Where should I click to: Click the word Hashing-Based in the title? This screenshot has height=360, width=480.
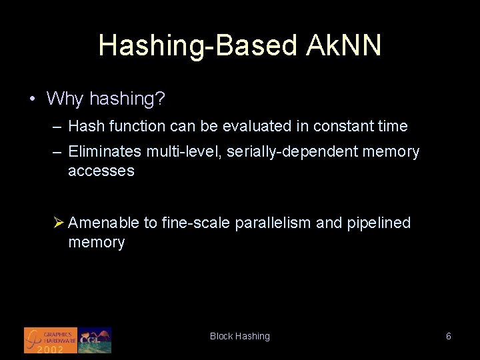(x=197, y=45)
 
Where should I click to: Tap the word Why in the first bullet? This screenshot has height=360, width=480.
(x=65, y=99)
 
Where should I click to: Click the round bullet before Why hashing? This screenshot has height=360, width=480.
(x=32, y=99)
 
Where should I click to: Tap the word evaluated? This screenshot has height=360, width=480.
(x=261, y=126)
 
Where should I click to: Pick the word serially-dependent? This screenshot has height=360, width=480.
(x=293, y=152)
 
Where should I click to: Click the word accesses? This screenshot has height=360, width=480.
(x=101, y=171)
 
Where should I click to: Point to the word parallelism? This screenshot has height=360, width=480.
(x=273, y=223)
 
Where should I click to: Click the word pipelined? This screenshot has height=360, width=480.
(x=379, y=223)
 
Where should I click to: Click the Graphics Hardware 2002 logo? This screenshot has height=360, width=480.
(x=51, y=340)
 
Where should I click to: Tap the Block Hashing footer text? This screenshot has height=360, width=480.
(x=240, y=337)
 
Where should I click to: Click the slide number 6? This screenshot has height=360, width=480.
(x=449, y=337)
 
